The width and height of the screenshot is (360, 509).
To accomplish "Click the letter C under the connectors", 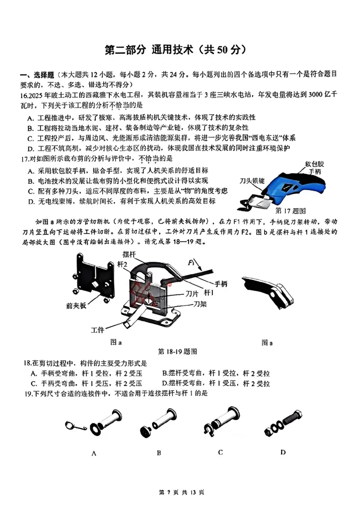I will click(220, 452).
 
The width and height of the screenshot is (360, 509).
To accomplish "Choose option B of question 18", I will click(216, 373).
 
